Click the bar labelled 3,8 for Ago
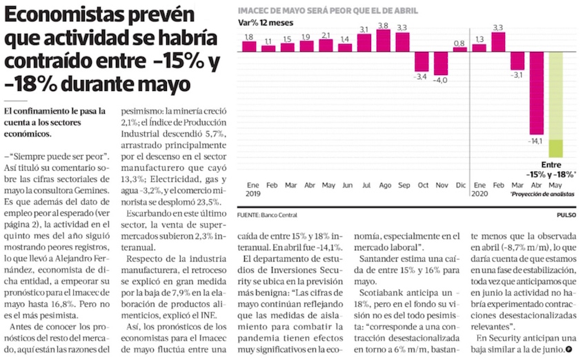coord(384,41)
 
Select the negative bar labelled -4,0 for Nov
coord(440,63)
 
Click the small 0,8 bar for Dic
coord(459,50)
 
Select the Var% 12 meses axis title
coord(266,23)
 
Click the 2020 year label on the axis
coord(479,195)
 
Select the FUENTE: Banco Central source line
coord(270,216)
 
